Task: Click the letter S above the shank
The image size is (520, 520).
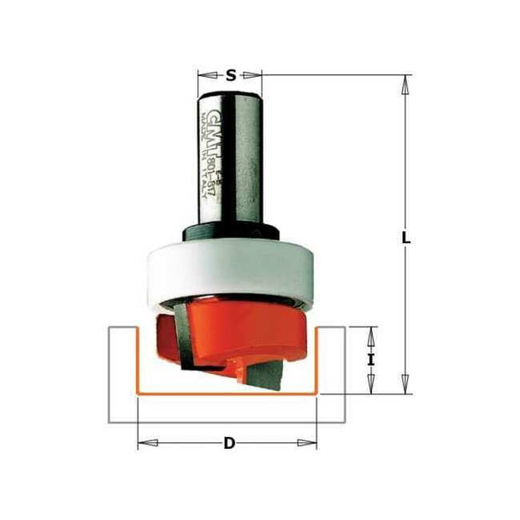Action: (x=230, y=75)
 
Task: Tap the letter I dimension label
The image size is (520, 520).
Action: (x=371, y=360)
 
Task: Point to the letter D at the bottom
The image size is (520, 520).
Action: (x=228, y=443)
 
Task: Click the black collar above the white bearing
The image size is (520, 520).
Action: (x=230, y=232)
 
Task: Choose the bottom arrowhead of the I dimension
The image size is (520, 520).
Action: (x=371, y=388)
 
